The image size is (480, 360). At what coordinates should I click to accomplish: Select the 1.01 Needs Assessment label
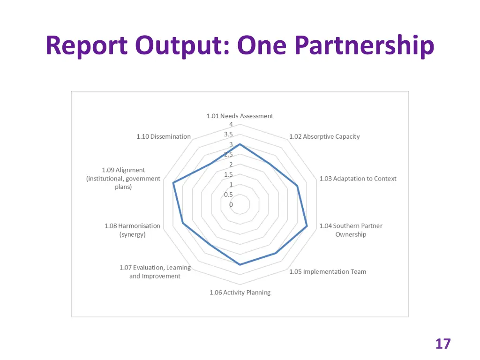(240, 116)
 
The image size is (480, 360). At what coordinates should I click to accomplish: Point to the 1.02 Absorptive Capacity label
(324, 136)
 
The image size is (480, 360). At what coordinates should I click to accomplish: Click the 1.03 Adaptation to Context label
(358, 179)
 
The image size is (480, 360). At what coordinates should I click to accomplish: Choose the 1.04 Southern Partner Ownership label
(351, 230)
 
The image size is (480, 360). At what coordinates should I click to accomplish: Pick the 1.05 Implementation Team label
(328, 271)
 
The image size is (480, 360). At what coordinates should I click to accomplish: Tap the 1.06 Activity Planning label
(240, 292)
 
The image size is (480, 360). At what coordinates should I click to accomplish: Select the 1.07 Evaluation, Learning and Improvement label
(155, 272)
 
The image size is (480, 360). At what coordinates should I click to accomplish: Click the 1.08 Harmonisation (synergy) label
(132, 230)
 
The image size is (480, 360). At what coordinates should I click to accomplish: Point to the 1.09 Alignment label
(123, 179)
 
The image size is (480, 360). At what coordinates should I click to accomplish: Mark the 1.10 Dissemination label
(164, 136)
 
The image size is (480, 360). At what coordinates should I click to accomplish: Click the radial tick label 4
(231, 124)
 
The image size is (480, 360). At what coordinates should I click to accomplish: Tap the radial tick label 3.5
(228, 134)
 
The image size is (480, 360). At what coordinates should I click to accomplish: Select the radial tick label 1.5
(228, 174)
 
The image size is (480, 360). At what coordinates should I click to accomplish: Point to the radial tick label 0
(231, 205)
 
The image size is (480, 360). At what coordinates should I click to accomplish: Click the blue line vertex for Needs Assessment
(240, 144)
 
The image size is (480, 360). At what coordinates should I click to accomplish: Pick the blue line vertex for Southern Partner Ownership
(307, 226)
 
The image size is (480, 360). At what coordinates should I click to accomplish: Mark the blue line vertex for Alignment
(173, 183)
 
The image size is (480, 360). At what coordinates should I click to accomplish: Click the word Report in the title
(87, 46)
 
